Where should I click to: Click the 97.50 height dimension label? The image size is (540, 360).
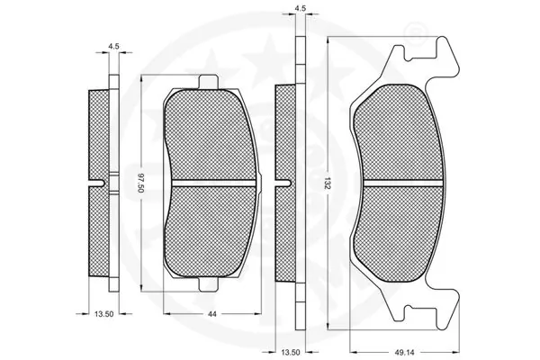[140, 184]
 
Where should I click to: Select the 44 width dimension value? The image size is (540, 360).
[209, 314]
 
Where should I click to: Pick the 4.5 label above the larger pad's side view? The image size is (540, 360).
[300, 9]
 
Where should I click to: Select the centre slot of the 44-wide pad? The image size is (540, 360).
[209, 184]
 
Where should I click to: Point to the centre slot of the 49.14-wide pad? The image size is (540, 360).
[400, 183]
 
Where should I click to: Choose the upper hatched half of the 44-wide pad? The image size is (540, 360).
[209, 135]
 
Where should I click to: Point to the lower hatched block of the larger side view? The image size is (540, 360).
[283, 234]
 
